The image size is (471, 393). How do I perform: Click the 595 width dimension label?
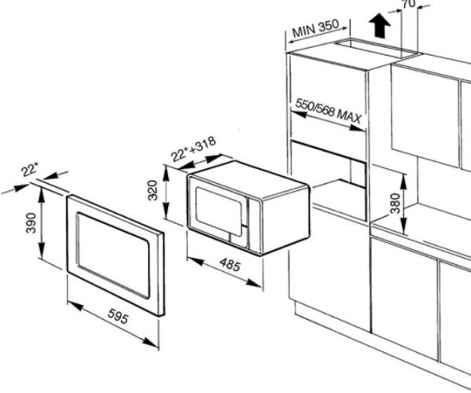coord(119,316)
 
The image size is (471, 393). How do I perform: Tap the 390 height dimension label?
coord(31,222)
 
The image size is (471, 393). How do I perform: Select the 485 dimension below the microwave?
coord(230,265)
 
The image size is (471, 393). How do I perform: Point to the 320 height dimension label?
coord(153,190)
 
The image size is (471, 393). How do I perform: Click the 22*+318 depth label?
coord(193,149)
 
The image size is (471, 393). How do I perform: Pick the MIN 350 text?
coord(315,28)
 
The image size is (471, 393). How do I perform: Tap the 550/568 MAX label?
coord(329,111)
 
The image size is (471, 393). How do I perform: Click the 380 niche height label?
coord(396,204)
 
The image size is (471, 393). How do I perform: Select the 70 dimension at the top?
coord(409,4)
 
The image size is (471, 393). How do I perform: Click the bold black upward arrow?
coord(380,25)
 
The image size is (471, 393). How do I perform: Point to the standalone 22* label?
coord(30,170)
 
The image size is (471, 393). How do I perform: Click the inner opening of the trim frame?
coord(113,255)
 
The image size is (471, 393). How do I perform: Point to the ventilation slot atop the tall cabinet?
coord(376,48)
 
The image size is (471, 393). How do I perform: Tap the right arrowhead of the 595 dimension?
coord(150,342)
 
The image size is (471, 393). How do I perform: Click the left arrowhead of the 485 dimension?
coord(196,261)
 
